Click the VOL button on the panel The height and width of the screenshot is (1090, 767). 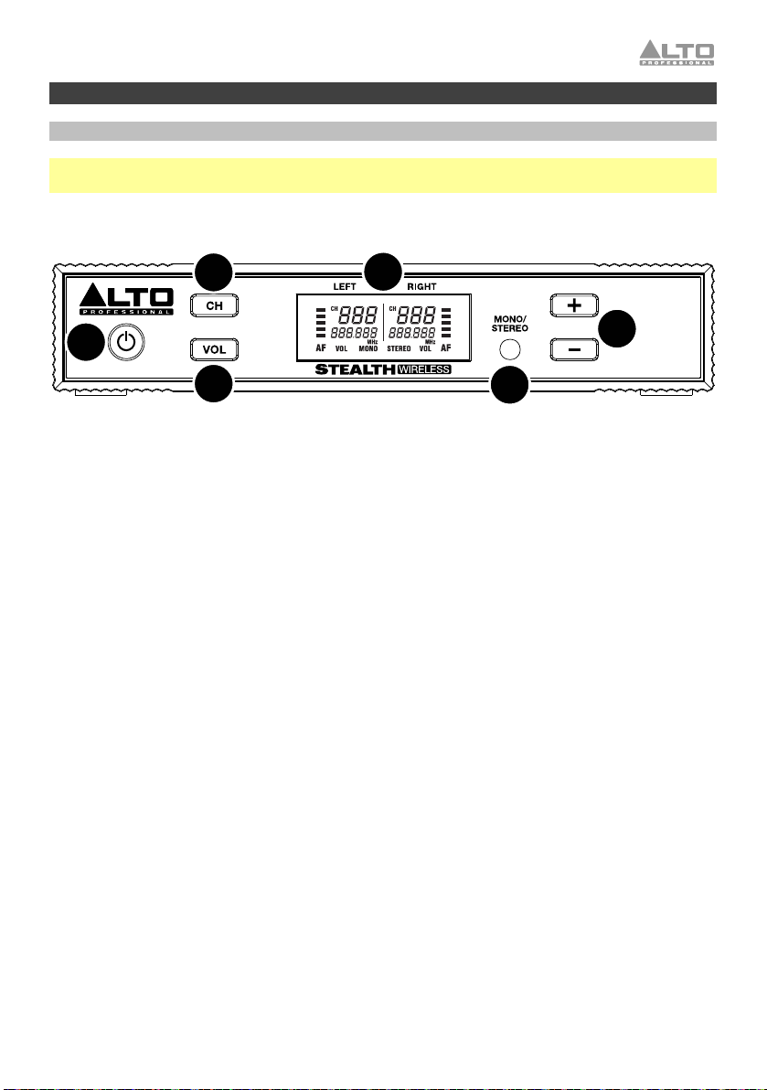click(x=216, y=349)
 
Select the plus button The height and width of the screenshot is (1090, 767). click(x=573, y=305)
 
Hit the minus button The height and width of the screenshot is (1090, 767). click(x=573, y=349)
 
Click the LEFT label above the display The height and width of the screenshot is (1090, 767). click(x=345, y=286)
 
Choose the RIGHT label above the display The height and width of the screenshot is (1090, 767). click(x=423, y=286)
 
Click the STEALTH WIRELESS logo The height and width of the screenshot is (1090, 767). click(x=385, y=370)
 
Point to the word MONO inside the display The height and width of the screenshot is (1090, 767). click(x=368, y=348)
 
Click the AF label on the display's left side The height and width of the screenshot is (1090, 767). click(x=321, y=348)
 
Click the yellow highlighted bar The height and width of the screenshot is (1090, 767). click(x=383, y=176)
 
